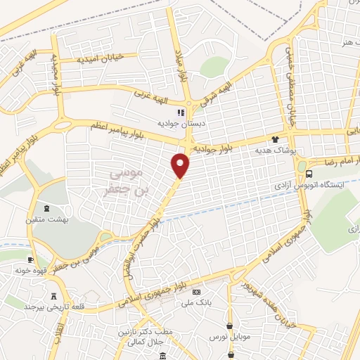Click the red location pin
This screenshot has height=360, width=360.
181,165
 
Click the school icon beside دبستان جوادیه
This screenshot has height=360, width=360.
181,112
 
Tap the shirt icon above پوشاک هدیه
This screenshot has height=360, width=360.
275,139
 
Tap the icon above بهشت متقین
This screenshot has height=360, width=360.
47,208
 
